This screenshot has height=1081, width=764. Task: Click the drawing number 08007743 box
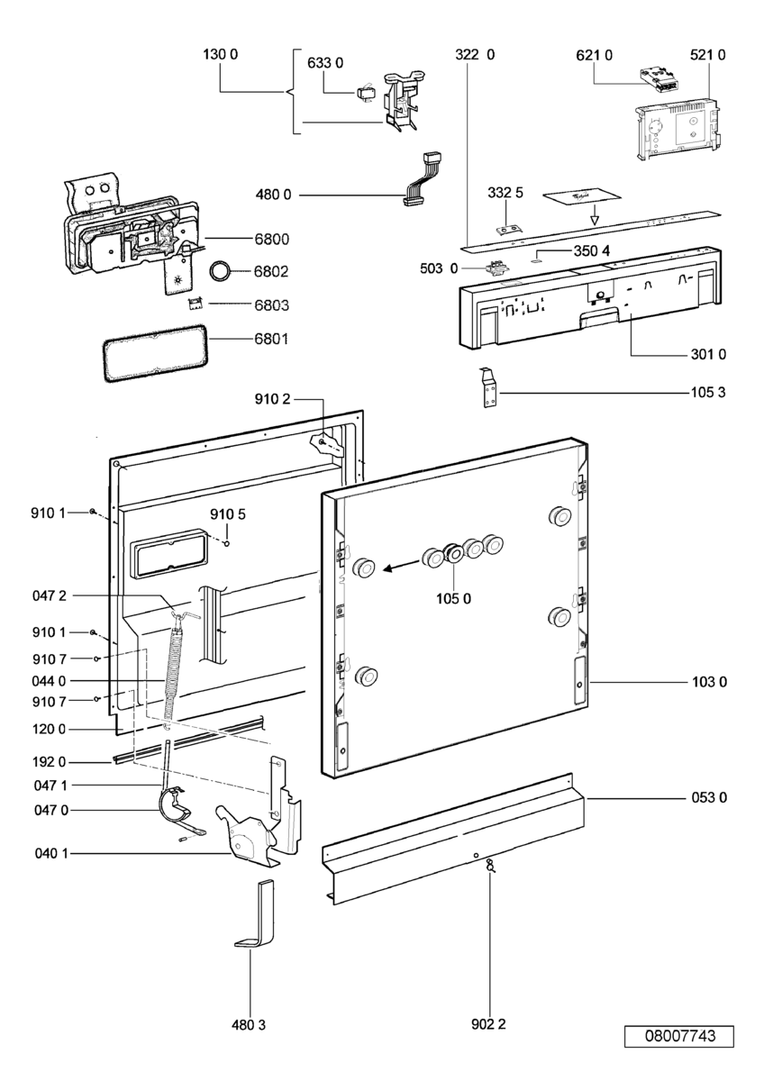(x=679, y=1036)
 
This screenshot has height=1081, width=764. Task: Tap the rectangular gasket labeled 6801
(x=150, y=353)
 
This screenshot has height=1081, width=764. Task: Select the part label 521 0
(x=708, y=55)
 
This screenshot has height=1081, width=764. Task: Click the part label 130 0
(x=220, y=55)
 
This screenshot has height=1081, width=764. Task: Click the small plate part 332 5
(x=510, y=233)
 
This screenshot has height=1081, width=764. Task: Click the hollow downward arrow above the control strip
(x=594, y=216)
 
